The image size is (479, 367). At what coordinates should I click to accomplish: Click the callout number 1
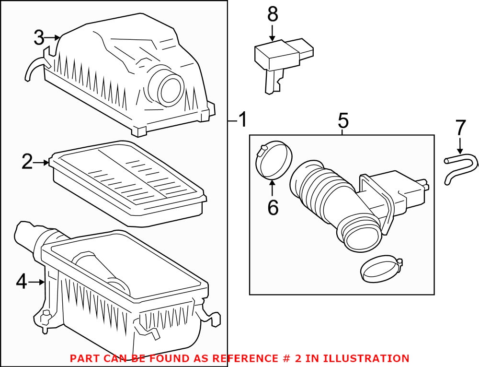point(243,119)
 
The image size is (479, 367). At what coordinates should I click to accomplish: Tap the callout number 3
point(39,37)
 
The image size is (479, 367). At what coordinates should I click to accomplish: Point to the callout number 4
point(22,283)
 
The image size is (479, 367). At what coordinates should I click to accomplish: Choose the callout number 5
point(343,120)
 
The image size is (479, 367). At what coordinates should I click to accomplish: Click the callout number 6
point(273,207)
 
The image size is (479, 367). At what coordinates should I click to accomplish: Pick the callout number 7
point(460,128)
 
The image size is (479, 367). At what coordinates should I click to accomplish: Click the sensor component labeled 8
point(280,60)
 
